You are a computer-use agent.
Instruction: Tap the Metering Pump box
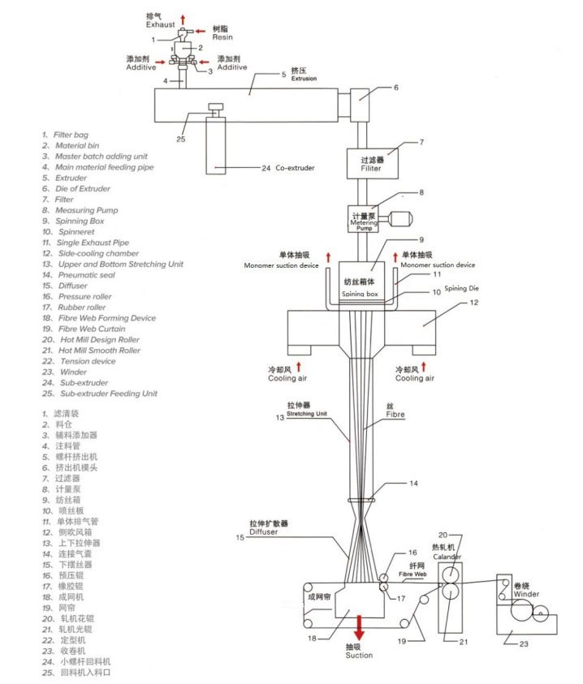coord(364,220)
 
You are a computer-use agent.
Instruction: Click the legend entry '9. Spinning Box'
coord(76,221)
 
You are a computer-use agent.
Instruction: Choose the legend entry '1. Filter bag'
coord(66,135)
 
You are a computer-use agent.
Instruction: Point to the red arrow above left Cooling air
coord(300,365)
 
